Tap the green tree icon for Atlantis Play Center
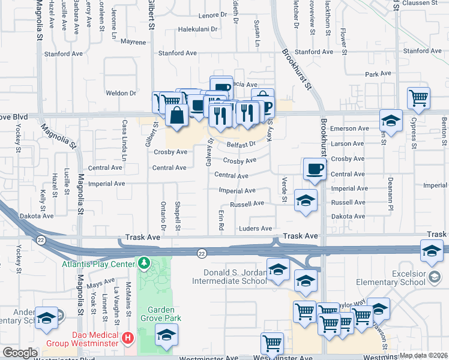[x=143, y=263]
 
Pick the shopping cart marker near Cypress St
[x=418, y=97]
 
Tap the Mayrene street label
[x=133, y=42]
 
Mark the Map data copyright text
[x=424, y=355]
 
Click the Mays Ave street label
[x=101, y=281]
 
